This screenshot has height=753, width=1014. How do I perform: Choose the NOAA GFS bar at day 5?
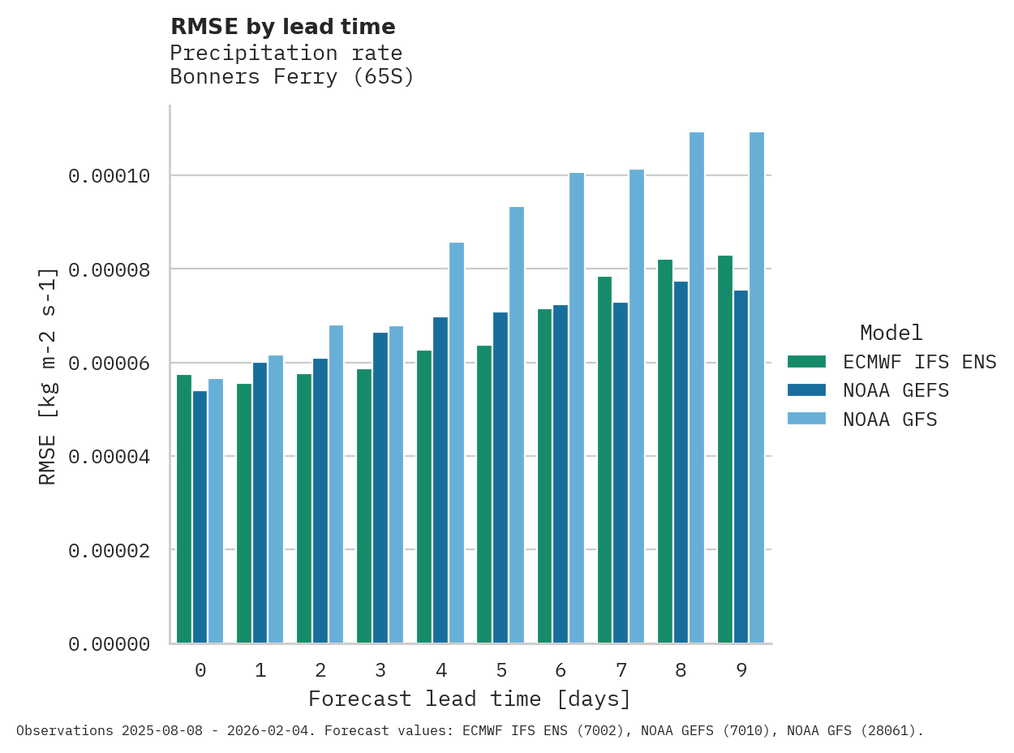point(516,425)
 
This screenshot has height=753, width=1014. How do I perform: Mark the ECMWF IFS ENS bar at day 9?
point(725,450)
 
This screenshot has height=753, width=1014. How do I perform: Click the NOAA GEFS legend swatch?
point(806,390)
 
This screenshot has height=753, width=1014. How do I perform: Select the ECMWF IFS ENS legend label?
point(919,362)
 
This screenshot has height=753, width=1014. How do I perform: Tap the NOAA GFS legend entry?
point(890,420)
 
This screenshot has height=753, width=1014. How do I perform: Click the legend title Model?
point(891,333)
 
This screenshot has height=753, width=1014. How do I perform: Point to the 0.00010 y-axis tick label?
point(109,176)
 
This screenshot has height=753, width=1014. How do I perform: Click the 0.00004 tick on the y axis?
point(109,457)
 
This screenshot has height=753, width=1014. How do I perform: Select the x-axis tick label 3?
point(380,670)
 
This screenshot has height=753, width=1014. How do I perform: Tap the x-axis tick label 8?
point(681,670)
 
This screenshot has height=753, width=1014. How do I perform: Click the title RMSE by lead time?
point(282,27)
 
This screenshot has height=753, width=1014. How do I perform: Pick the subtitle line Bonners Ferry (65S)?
point(292,77)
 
